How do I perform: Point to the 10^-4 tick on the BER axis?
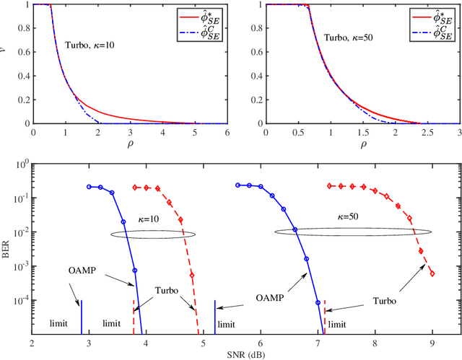pyautogui.click(x=20, y=301)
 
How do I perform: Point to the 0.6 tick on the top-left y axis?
pyautogui.click(x=26, y=52)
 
